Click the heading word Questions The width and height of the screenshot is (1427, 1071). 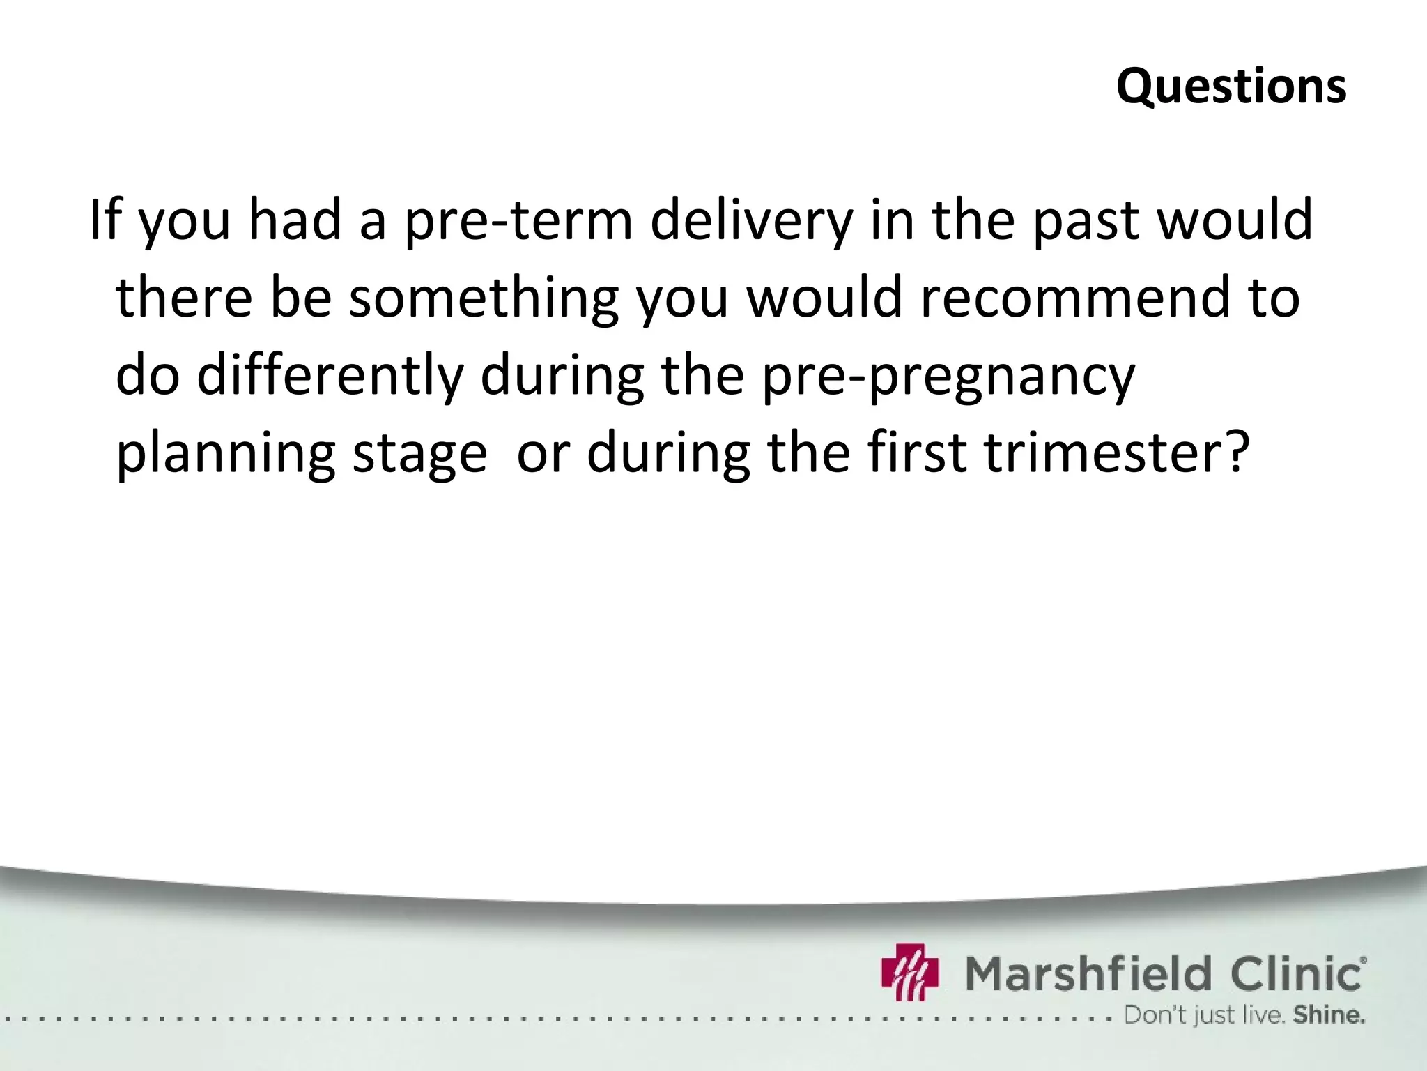point(1231,87)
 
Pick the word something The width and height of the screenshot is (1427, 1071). point(484,298)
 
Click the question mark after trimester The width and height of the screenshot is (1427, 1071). point(1230,452)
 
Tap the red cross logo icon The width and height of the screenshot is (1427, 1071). point(910,971)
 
